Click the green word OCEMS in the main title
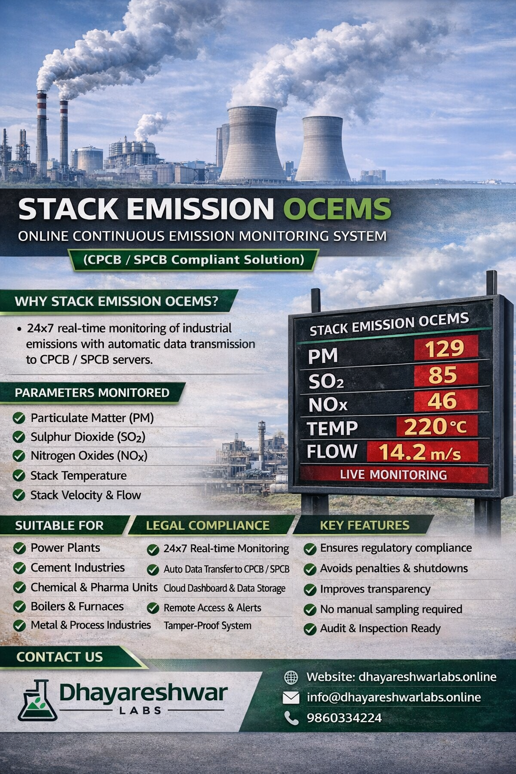(337, 209)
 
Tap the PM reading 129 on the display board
(444, 348)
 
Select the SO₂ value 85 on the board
(443, 375)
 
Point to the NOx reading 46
(442, 401)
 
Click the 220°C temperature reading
(435, 427)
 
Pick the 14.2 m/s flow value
(420, 452)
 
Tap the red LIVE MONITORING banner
(393, 475)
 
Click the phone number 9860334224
(344, 718)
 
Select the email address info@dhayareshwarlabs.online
(394, 697)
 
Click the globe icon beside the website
(291, 677)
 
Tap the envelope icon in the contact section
(291, 697)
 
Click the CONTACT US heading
(59, 657)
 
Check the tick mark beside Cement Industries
(19, 568)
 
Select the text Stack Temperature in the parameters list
(78, 475)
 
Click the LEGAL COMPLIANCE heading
(208, 526)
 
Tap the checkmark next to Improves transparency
(310, 590)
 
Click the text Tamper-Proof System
(207, 626)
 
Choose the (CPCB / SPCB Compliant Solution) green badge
(194, 260)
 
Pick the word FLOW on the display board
(332, 451)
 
